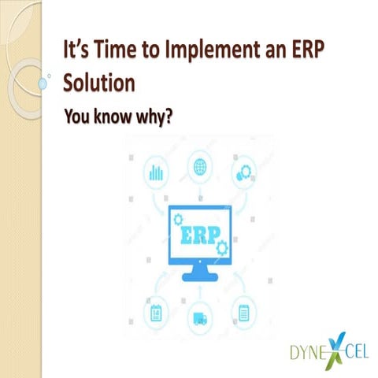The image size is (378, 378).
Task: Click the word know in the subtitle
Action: pos(113,117)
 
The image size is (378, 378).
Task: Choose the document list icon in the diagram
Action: pos(243,313)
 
